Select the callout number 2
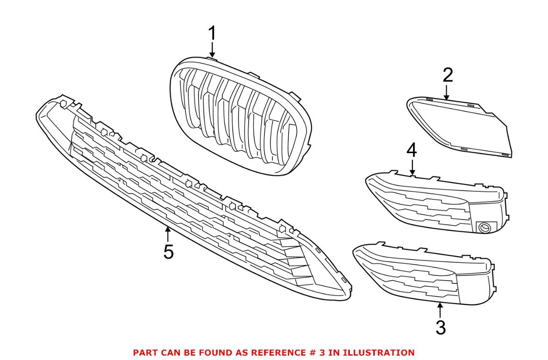click(448, 75)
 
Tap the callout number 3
click(441, 327)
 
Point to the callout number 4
click(412, 150)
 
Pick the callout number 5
click(168, 252)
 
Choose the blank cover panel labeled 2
click(460, 125)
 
